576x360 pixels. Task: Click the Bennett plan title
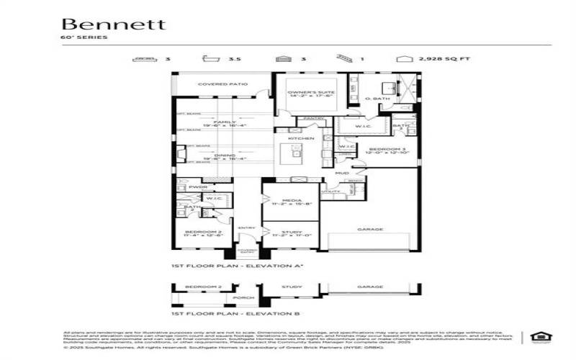click(x=113, y=24)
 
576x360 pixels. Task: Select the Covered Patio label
click(x=222, y=84)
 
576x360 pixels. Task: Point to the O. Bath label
click(x=377, y=99)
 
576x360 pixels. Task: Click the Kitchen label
click(x=301, y=138)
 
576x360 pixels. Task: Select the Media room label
click(x=290, y=202)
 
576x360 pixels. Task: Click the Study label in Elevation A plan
click(x=290, y=234)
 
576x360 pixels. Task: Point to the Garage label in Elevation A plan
click(x=370, y=230)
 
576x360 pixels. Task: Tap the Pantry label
click(x=312, y=117)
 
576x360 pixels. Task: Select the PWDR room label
click(x=197, y=187)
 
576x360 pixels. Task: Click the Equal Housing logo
click(x=537, y=336)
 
